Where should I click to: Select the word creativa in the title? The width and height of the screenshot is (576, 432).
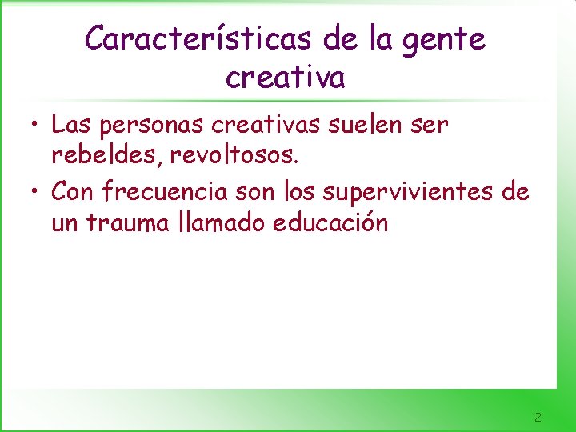[x=286, y=78]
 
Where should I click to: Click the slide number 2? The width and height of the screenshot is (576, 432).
[x=538, y=417]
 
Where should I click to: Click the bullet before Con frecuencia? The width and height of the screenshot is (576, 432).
[x=37, y=192]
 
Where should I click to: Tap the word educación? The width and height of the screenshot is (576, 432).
[x=330, y=222]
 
